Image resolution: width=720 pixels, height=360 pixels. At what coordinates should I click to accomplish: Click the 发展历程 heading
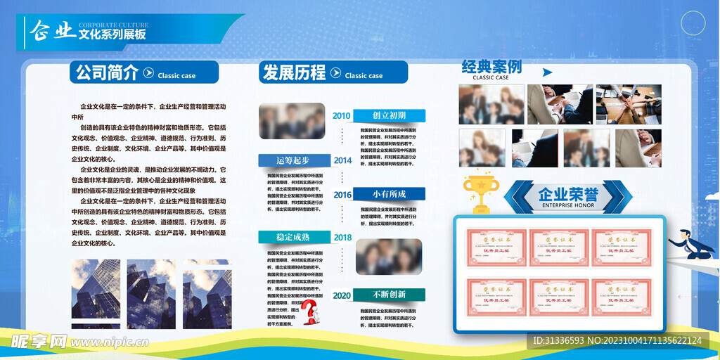294,72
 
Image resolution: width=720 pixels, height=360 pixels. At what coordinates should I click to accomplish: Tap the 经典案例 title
491,67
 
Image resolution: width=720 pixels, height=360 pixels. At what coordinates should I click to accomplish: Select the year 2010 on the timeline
342,116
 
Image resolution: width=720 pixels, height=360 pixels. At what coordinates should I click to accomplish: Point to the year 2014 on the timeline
342,160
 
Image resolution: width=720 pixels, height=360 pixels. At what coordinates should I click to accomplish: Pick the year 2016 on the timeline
342,195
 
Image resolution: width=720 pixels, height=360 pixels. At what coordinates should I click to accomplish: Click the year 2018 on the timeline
342,238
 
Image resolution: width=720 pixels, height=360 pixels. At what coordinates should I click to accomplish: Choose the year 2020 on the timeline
342,295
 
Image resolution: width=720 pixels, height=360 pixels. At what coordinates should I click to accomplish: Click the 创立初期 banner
389,115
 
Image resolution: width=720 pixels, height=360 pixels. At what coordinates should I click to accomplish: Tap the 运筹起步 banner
293,160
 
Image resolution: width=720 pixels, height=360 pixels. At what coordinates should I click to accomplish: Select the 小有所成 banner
389,194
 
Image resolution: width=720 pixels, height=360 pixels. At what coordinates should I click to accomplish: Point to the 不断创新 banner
389,295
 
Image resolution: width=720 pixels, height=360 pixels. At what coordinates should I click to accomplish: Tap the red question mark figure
310,313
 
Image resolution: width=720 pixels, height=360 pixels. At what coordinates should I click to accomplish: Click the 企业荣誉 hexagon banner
567,197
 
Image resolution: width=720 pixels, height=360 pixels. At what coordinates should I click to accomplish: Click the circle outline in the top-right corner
693,23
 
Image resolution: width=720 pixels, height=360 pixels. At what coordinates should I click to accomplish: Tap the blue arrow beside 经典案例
548,72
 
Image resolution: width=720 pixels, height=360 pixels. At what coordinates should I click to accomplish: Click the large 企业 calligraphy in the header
52,30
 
